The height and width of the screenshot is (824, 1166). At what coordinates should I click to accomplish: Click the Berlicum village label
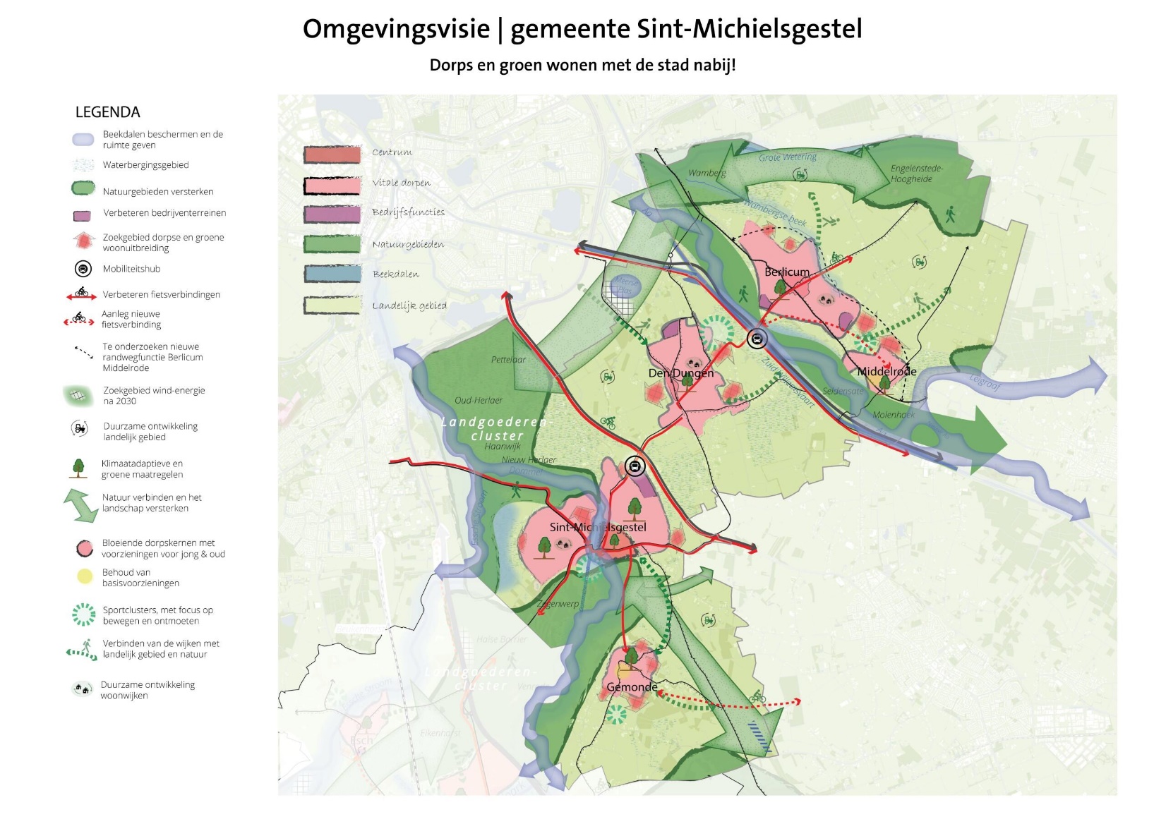click(x=787, y=272)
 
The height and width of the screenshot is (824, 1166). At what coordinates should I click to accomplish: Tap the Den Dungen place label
click(x=681, y=373)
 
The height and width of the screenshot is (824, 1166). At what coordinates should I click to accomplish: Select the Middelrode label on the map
click(x=886, y=371)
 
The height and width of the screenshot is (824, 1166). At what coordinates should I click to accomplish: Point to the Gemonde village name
click(x=632, y=686)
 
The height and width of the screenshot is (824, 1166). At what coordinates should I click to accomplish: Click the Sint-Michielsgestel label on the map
click(x=598, y=527)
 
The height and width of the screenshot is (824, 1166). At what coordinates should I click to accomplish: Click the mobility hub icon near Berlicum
click(x=757, y=339)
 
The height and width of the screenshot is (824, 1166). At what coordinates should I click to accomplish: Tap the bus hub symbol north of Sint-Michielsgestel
click(x=635, y=466)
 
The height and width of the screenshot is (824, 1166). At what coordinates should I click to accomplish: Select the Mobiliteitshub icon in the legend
click(x=83, y=269)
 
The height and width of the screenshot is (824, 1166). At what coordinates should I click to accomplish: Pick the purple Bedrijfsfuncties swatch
click(x=332, y=214)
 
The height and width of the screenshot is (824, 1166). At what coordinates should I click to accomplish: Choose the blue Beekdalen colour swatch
click(x=332, y=274)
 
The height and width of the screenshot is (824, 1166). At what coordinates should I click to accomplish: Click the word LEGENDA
click(x=107, y=112)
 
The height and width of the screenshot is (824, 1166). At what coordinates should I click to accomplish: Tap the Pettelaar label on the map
click(x=508, y=360)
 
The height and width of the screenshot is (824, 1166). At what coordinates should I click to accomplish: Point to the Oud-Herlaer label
click(x=479, y=400)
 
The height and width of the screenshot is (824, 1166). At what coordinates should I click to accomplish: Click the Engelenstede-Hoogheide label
click(x=915, y=174)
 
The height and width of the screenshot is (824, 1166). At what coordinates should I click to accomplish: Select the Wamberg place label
click(x=707, y=173)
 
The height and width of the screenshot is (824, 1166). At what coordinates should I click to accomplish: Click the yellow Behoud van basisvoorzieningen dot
click(x=85, y=576)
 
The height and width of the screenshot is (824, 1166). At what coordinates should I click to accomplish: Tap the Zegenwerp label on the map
click(x=558, y=604)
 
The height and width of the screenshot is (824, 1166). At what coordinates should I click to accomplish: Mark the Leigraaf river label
click(x=985, y=382)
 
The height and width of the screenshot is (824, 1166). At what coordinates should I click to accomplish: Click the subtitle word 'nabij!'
click(x=714, y=65)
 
